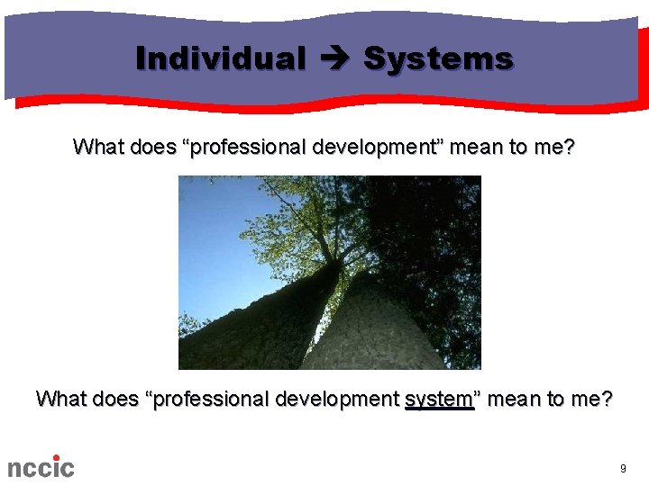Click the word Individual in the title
[220, 59]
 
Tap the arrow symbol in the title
[334, 59]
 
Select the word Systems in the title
[438, 59]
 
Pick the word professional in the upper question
[246, 147]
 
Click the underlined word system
[439, 399]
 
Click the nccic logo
[41, 466]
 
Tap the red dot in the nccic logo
[56, 457]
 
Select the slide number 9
[623, 469]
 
